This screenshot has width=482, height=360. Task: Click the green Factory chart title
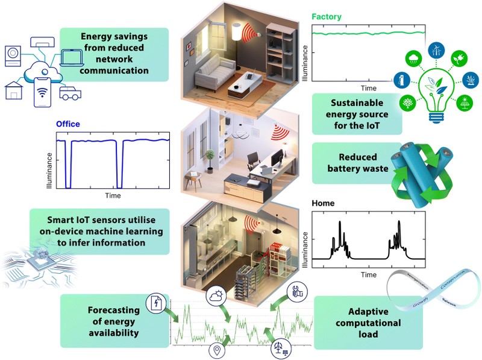[x=326, y=17]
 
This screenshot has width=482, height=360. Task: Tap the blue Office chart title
[x=67, y=125]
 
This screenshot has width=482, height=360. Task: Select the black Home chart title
[x=323, y=204]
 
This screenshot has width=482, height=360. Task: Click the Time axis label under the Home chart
[x=369, y=274]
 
